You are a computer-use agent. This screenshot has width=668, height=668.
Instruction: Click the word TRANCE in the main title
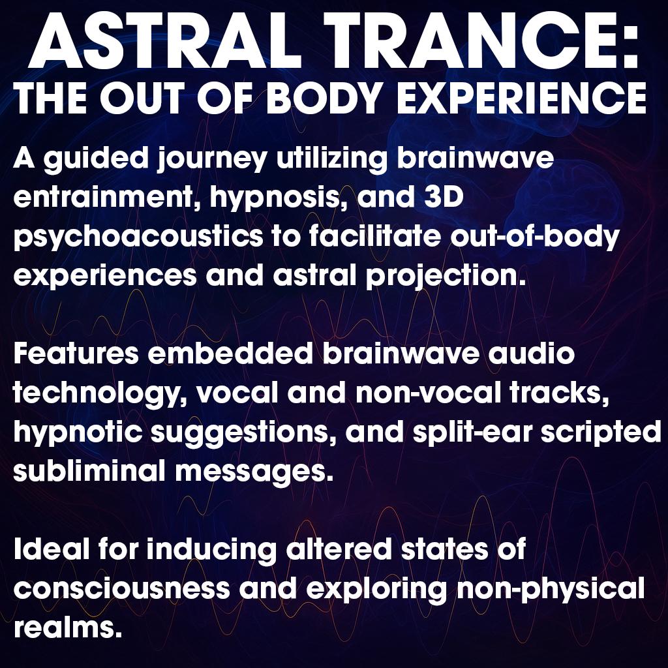(464, 41)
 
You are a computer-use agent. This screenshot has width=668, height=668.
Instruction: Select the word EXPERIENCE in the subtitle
(522, 98)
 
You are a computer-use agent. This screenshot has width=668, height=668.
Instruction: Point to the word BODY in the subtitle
(323, 98)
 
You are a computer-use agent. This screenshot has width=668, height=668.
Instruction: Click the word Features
(76, 354)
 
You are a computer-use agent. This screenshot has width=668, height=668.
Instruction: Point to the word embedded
(230, 354)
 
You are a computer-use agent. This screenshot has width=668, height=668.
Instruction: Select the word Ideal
(52, 549)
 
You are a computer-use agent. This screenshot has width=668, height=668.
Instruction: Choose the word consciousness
(121, 588)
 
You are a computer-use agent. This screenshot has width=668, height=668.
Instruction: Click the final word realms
(65, 627)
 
